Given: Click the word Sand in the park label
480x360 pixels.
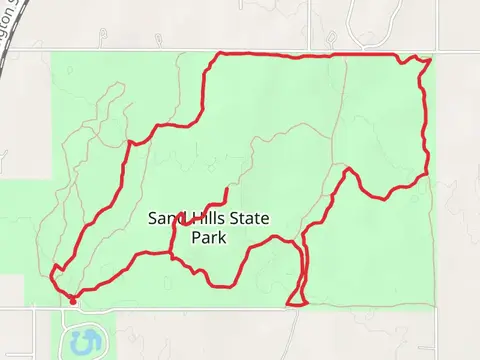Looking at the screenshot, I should coord(165,218).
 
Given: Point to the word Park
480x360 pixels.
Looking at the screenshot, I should coord(209,238).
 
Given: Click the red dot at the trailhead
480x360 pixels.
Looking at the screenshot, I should coord(73,300).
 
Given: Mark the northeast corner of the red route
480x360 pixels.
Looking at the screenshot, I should coord(430,60).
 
